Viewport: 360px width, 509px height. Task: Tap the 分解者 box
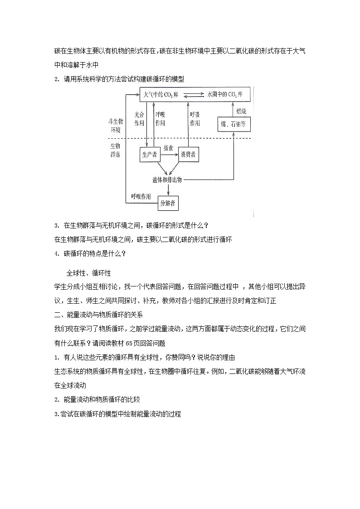(167, 204)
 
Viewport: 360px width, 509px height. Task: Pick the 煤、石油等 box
(233, 124)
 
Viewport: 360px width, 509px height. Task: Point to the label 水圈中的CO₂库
(224, 95)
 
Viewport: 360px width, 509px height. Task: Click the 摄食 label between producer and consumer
(169, 148)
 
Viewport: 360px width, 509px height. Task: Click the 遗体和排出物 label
(167, 180)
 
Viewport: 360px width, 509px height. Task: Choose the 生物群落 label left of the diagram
(115, 150)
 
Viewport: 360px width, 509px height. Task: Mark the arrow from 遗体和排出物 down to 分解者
(167, 190)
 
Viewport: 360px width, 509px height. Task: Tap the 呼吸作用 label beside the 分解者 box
(141, 196)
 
